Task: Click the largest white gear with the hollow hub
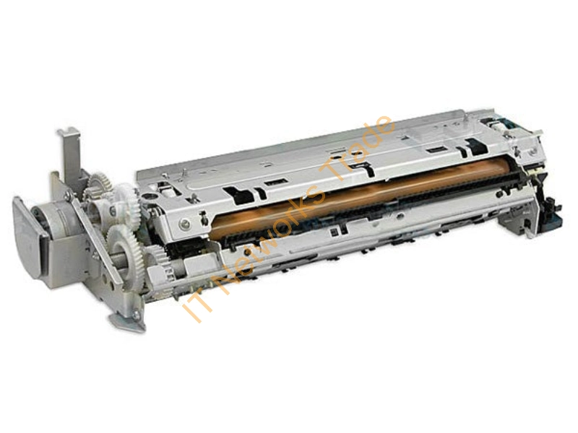pyautogui.click(x=123, y=248)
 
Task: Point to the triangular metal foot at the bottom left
pyautogui.click(x=128, y=316)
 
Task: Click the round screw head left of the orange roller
pyautogui.click(x=184, y=224)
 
